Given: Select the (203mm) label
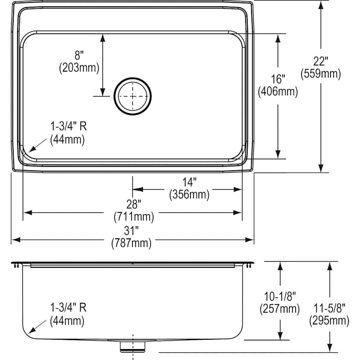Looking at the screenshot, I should coord(79,68).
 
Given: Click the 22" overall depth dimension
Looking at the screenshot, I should coord(320,61).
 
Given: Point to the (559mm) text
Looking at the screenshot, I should coord(320,74).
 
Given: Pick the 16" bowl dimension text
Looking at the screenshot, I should coord(278,79).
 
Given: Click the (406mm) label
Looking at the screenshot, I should coord(278,92).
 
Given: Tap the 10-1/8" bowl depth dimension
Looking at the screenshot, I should coord(280,296).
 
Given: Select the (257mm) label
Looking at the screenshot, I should coord(280,309).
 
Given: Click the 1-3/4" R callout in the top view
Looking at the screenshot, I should coord(68,127).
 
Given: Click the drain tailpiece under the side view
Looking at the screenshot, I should coord(132,346).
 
